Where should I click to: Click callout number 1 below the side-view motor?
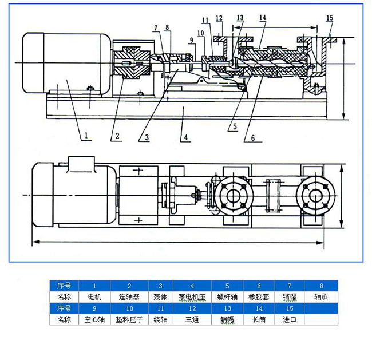[x=86, y=136]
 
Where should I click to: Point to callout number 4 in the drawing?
[x=184, y=137]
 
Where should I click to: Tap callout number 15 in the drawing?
[x=329, y=18]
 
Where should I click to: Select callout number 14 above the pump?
[x=262, y=18]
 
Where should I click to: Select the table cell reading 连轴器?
[x=129, y=298]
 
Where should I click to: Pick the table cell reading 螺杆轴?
[x=227, y=298]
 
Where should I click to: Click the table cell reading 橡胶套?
[x=259, y=298]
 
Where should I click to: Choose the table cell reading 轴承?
[x=321, y=298]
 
